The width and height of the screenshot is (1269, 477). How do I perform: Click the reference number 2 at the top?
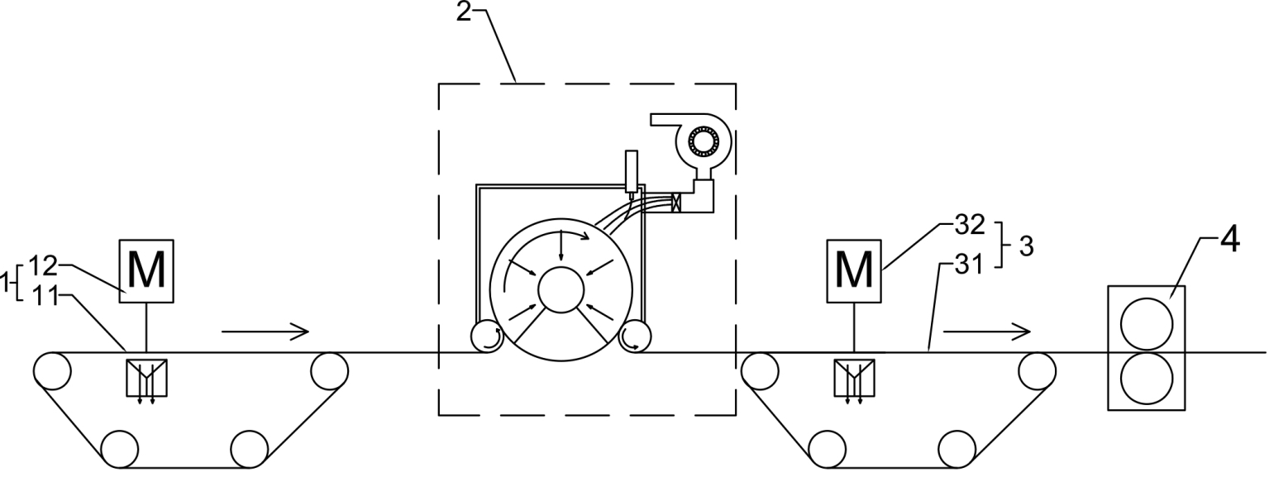tap(465, 14)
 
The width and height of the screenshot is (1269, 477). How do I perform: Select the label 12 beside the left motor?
tap(41, 265)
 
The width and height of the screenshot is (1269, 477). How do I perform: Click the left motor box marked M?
tap(146, 271)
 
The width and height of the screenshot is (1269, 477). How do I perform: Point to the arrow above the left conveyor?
tap(265, 332)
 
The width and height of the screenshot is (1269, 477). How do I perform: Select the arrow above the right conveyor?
tap(987, 331)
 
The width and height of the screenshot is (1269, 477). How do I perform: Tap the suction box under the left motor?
tap(146, 377)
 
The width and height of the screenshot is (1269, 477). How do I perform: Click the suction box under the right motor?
tap(854, 376)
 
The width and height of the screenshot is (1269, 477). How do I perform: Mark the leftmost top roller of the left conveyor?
tap(51, 370)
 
